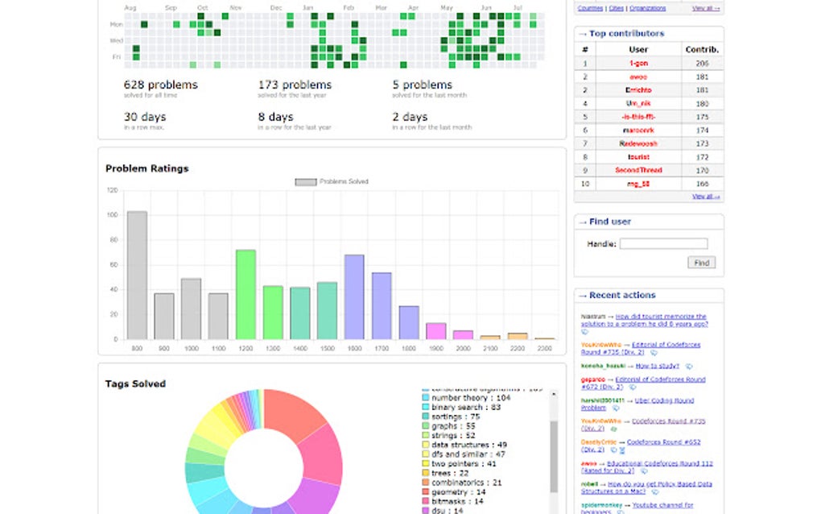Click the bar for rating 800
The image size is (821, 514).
[x=137, y=276]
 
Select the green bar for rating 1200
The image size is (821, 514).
[x=245, y=295]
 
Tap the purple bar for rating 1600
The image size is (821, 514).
[x=354, y=297]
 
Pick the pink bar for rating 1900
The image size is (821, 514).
[x=435, y=331]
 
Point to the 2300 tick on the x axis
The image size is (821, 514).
[x=545, y=348]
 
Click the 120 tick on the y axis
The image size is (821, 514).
[x=112, y=191]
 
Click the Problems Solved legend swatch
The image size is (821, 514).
[x=306, y=182]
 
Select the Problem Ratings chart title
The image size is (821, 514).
[x=147, y=168]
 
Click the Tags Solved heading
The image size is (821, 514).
[x=135, y=383]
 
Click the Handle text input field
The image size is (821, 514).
[x=663, y=243]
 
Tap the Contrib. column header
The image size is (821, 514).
[x=702, y=49]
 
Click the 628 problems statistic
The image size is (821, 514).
[x=160, y=85]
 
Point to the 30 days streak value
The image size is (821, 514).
[x=145, y=118]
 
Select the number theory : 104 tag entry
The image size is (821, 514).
[x=471, y=398]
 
